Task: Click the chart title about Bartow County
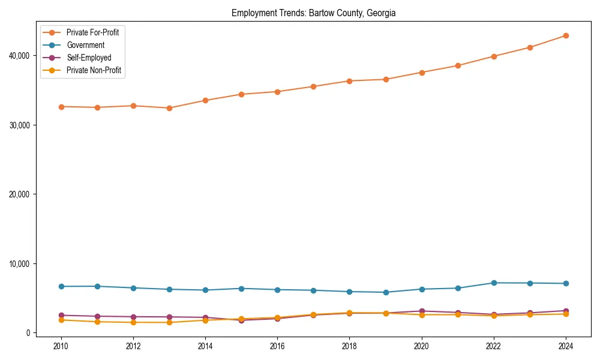tap(313, 13)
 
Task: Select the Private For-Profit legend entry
tap(92, 32)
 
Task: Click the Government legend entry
tap(85, 45)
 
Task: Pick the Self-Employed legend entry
tap(89, 58)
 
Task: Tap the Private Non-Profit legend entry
tap(94, 70)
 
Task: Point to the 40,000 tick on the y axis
tap(18, 56)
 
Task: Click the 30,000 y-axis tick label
tap(18, 125)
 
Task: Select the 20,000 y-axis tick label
tap(18, 194)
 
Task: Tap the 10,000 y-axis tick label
tap(18, 264)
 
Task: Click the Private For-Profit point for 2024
tap(566, 35)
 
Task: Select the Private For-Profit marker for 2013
tap(169, 108)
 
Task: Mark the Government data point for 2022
tap(494, 283)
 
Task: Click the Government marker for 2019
tap(386, 292)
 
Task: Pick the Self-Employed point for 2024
tap(566, 311)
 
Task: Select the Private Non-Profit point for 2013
tap(169, 322)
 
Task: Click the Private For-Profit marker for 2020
tap(422, 73)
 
